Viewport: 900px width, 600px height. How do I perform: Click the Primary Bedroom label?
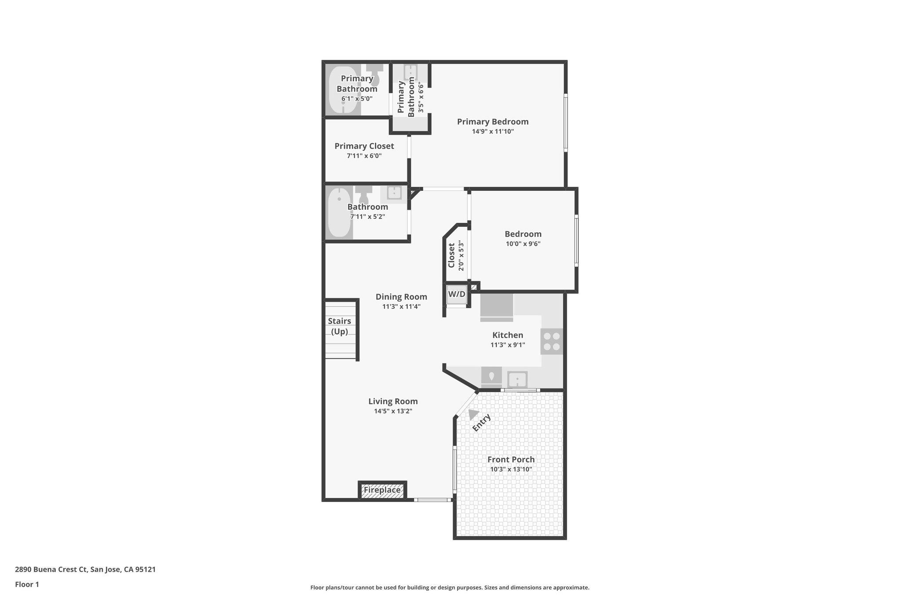(x=492, y=122)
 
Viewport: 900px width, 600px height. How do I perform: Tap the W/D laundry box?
(x=456, y=294)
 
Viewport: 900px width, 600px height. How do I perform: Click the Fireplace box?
(x=382, y=490)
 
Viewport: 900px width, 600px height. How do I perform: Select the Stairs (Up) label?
(x=339, y=326)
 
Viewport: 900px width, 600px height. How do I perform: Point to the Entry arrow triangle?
(x=473, y=414)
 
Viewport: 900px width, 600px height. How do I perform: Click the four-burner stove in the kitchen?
(x=552, y=342)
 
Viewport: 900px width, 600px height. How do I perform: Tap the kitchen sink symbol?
(x=517, y=379)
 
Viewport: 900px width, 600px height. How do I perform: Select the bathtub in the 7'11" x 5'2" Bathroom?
(x=339, y=213)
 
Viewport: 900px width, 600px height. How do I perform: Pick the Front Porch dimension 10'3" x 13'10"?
(x=511, y=469)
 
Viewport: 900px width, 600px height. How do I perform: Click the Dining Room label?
(x=401, y=297)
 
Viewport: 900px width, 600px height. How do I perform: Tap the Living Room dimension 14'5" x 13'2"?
(x=393, y=411)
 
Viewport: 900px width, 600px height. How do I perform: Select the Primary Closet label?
(x=364, y=146)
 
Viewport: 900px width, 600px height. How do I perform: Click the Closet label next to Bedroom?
(x=451, y=255)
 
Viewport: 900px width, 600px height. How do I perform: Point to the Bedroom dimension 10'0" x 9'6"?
(x=523, y=244)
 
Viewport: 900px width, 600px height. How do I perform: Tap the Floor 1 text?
(x=27, y=584)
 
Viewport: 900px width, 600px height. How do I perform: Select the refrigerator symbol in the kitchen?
(x=497, y=307)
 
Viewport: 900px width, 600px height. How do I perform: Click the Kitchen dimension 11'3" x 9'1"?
(x=508, y=345)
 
